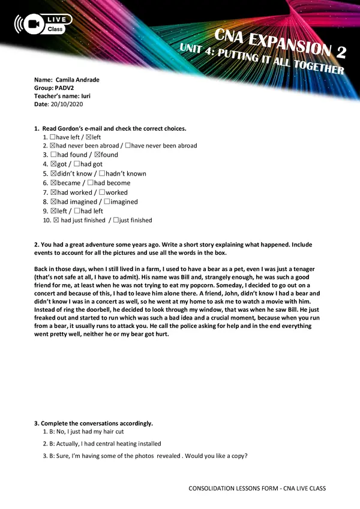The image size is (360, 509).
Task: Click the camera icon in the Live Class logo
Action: (34, 24)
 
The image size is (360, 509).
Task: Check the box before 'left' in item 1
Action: (88, 137)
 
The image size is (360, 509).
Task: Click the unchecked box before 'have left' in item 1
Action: (53, 137)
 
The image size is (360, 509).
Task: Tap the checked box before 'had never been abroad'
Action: (53, 146)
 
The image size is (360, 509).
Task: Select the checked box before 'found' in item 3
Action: (97, 155)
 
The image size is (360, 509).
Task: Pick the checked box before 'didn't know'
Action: (53, 173)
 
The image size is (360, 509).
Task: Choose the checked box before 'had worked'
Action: (53, 192)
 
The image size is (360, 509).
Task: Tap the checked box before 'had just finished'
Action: (56, 221)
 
